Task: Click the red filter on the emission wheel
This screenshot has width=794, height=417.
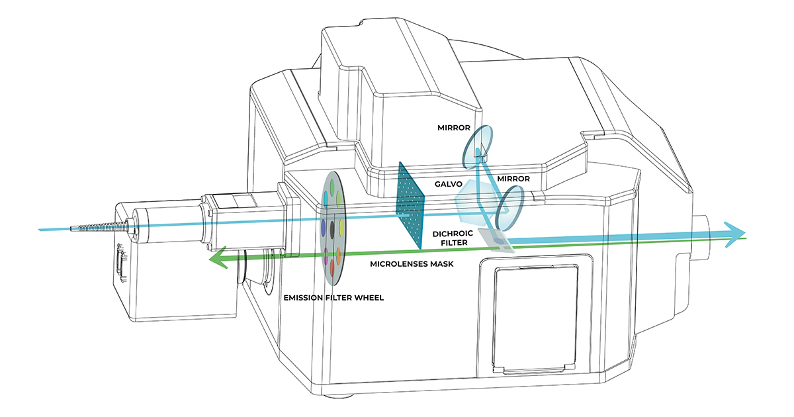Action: [332, 268]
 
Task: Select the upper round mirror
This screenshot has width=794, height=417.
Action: [482, 144]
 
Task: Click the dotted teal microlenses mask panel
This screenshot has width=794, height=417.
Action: [410, 205]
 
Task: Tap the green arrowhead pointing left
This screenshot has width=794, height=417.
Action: [218, 261]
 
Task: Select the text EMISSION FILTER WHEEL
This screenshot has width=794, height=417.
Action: [333, 297]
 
